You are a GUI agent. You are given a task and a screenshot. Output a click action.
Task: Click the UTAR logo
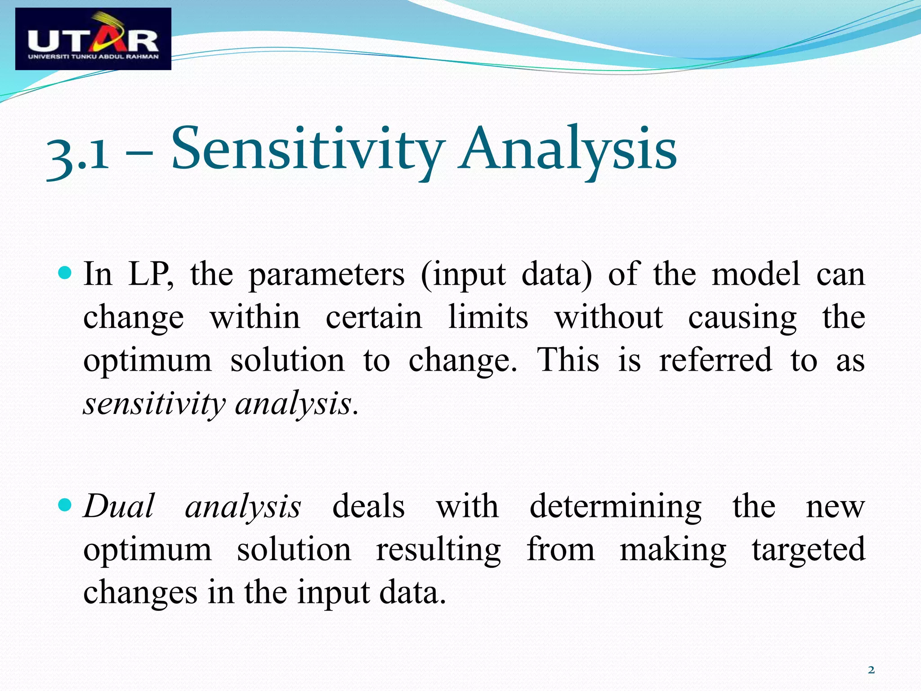click(x=93, y=39)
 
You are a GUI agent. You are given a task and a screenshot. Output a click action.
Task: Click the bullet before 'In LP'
click(x=65, y=273)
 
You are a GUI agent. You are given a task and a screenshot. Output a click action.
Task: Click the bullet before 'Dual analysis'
click(x=65, y=505)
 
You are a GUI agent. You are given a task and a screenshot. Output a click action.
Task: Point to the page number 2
click(x=871, y=670)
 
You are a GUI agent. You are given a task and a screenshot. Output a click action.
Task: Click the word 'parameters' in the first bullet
click(x=326, y=274)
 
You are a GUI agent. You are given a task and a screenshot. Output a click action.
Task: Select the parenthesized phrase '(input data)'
click(x=506, y=274)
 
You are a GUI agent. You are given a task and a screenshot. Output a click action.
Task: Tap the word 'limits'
click(x=488, y=317)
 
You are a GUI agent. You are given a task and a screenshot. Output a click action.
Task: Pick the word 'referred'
click(x=715, y=360)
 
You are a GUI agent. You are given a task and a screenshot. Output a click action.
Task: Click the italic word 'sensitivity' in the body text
click(x=154, y=404)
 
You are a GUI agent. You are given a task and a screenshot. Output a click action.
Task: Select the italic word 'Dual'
click(x=120, y=506)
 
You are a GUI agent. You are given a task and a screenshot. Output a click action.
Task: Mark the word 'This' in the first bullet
click(x=568, y=360)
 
